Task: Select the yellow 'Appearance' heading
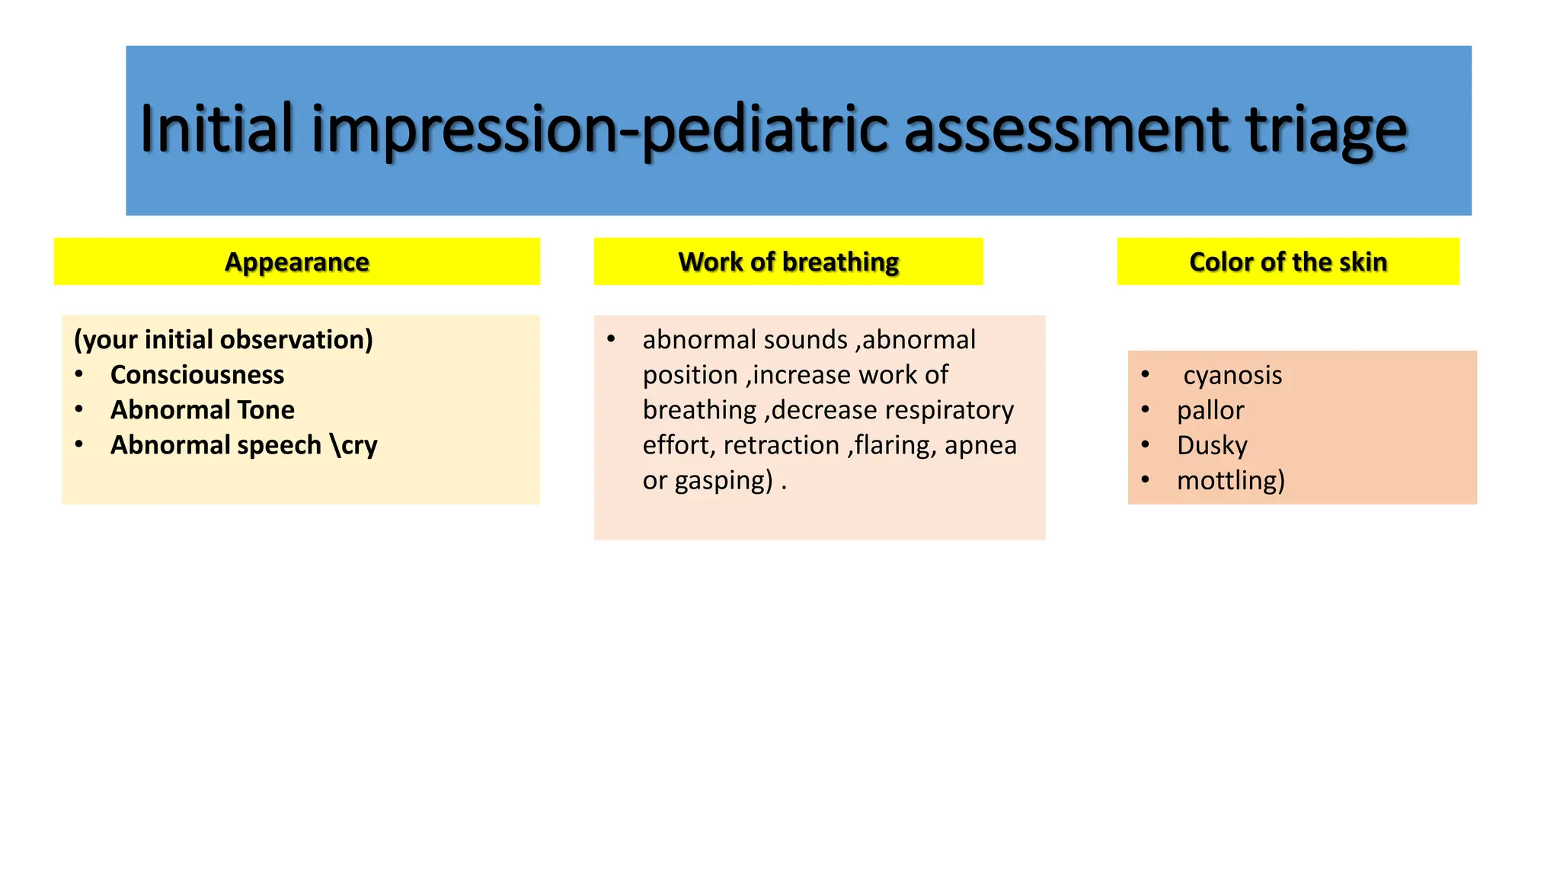296,261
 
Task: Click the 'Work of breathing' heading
788,261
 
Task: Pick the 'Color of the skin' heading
1287,261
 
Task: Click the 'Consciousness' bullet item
197,375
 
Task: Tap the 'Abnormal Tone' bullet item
202,410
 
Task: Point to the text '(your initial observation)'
223,339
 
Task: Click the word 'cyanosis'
1232,375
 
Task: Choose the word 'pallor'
1210,411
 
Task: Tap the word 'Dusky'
1211,445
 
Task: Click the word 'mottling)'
1230,480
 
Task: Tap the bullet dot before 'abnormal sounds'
611,338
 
